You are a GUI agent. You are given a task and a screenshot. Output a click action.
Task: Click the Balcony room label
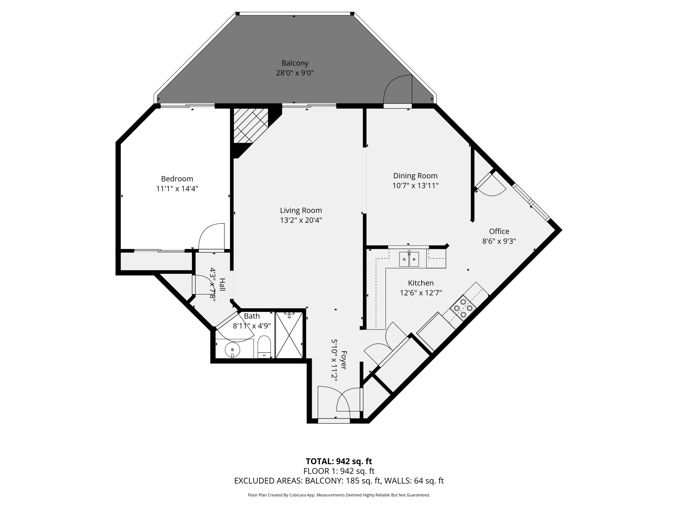point(295,63)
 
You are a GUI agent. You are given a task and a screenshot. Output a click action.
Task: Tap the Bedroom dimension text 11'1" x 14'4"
point(177,188)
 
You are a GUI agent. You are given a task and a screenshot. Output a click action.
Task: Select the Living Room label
point(301,210)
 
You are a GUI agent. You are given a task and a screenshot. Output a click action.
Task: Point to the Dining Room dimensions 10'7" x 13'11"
point(415,186)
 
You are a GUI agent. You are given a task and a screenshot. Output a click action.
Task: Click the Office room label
point(499,231)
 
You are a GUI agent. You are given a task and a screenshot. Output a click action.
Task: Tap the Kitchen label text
point(421,283)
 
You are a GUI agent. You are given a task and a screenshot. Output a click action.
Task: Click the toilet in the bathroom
point(264,347)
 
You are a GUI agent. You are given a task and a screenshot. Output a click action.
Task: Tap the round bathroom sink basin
point(232,350)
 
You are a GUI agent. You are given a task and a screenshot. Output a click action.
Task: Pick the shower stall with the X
point(289,335)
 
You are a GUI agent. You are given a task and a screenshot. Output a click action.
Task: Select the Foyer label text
point(344,360)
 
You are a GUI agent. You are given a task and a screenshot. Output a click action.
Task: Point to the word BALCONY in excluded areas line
point(324,481)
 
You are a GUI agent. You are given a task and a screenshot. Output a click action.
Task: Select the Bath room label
point(252,316)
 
